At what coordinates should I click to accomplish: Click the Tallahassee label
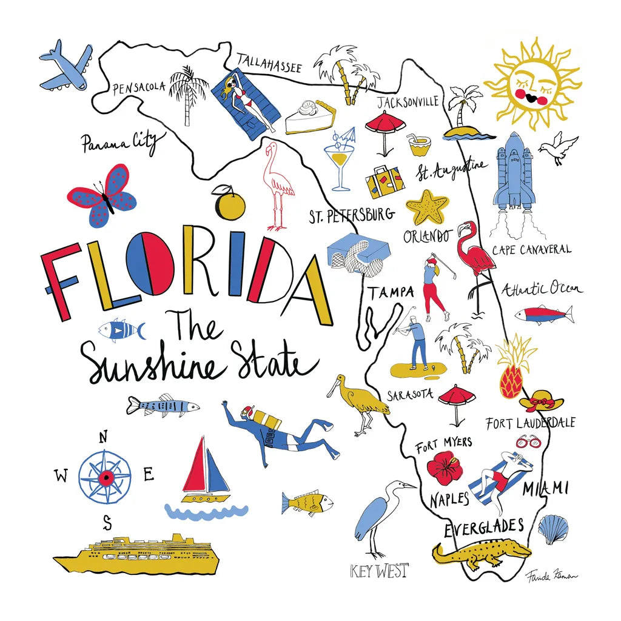(x=269, y=62)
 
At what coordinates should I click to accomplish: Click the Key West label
(x=380, y=571)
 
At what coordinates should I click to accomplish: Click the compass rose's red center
(x=106, y=478)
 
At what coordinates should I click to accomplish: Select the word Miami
(x=545, y=488)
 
